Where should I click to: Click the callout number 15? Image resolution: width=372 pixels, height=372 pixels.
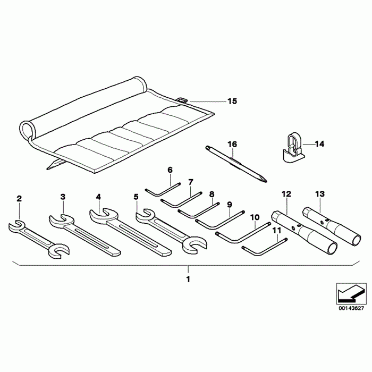(x=232, y=101)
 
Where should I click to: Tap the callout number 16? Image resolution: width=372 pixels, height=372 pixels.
(x=232, y=144)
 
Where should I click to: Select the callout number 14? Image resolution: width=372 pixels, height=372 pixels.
(x=319, y=143)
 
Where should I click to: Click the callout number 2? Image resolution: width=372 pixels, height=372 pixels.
(x=19, y=199)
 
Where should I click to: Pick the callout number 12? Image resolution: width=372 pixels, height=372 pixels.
(x=286, y=194)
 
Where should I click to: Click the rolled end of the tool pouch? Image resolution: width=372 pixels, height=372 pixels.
(x=28, y=129)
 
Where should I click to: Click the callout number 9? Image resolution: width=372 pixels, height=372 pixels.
(x=230, y=204)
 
